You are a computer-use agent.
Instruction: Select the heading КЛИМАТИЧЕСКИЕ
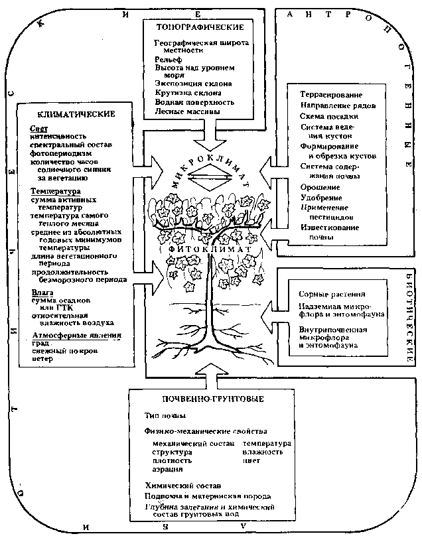tap(68, 113)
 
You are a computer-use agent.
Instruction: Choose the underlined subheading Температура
tap(56, 191)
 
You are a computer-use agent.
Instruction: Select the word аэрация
tap(167, 469)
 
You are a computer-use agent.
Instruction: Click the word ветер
tap(41, 359)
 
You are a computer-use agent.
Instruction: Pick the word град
tap(40, 343)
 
